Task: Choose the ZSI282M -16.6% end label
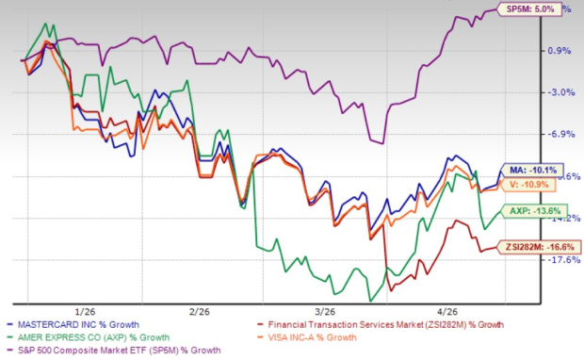pyautogui.click(x=543, y=246)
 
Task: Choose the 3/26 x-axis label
pyautogui.click(x=326, y=310)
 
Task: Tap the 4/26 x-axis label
pyautogui.click(x=446, y=310)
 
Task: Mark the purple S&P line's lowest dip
pyautogui.click(x=381, y=143)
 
